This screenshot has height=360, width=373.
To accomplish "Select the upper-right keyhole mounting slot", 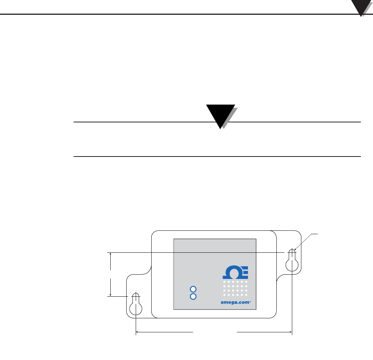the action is [x=292, y=261].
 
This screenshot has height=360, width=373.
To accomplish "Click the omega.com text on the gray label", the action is [x=235, y=302].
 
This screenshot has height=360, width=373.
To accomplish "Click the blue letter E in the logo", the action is [x=244, y=272].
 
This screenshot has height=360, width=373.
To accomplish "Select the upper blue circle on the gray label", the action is [x=193, y=289].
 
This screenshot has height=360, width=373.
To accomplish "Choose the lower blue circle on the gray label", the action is [x=193, y=296].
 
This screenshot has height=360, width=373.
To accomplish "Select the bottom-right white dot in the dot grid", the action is [x=246, y=295].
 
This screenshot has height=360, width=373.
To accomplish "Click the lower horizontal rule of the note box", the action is [x=216, y=156].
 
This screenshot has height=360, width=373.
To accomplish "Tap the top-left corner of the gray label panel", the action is [x=174, y=239].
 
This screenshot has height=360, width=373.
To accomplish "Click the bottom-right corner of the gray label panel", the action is [x=256, y=309].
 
